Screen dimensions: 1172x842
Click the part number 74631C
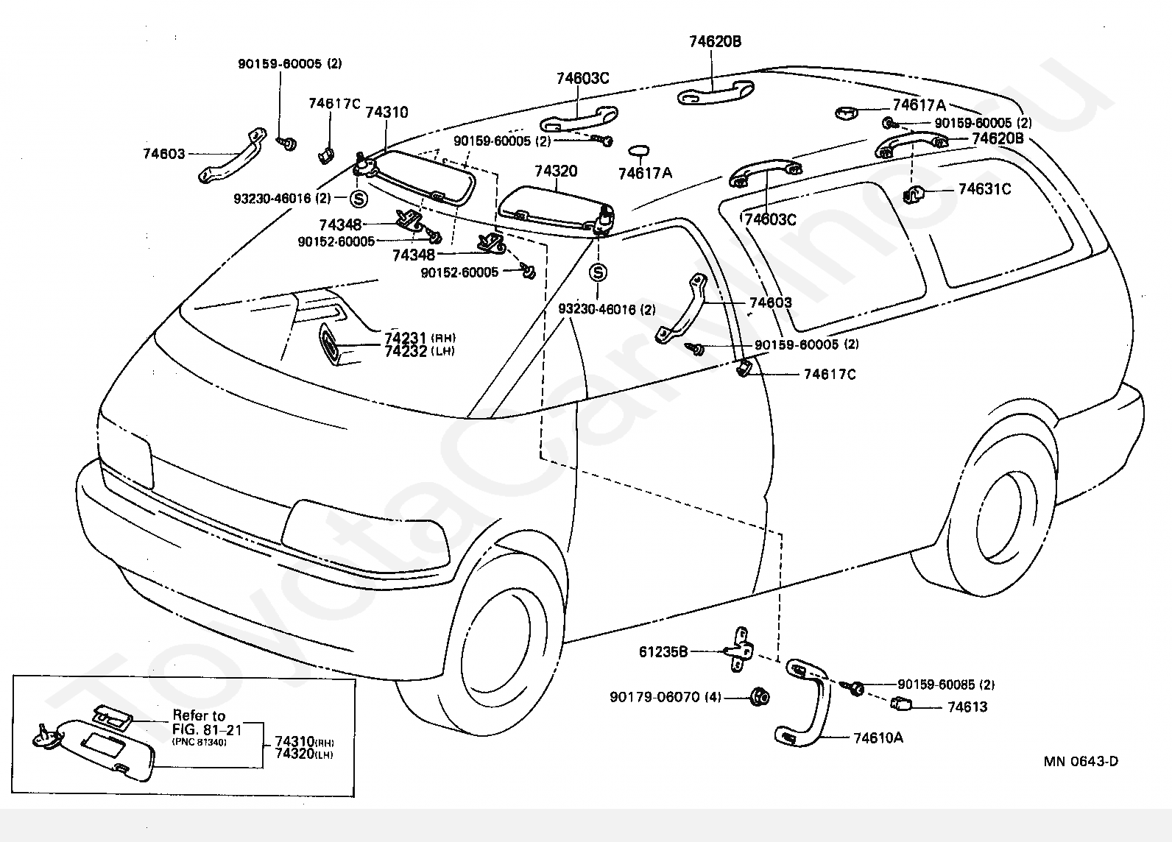click(984, 189)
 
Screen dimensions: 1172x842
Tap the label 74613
click(967, 707)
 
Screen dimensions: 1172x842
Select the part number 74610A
click(878, 738)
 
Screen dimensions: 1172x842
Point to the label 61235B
click(663, 651)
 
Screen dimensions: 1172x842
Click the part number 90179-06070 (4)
click(665, 697)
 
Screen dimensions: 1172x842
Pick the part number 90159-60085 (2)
click(946, 684)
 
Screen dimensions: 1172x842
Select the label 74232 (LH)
click(420, 351)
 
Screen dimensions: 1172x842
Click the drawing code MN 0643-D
click(1081, 762)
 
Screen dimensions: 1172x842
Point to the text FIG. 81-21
click(207, 729)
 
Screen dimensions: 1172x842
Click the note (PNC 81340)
click(200, 742)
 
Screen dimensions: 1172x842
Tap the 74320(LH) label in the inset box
click(304, 754)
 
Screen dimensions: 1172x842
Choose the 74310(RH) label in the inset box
click(305, 742)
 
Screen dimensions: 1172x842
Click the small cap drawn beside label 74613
click(900, 704)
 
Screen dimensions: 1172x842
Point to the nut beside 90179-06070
click(759, 696)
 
